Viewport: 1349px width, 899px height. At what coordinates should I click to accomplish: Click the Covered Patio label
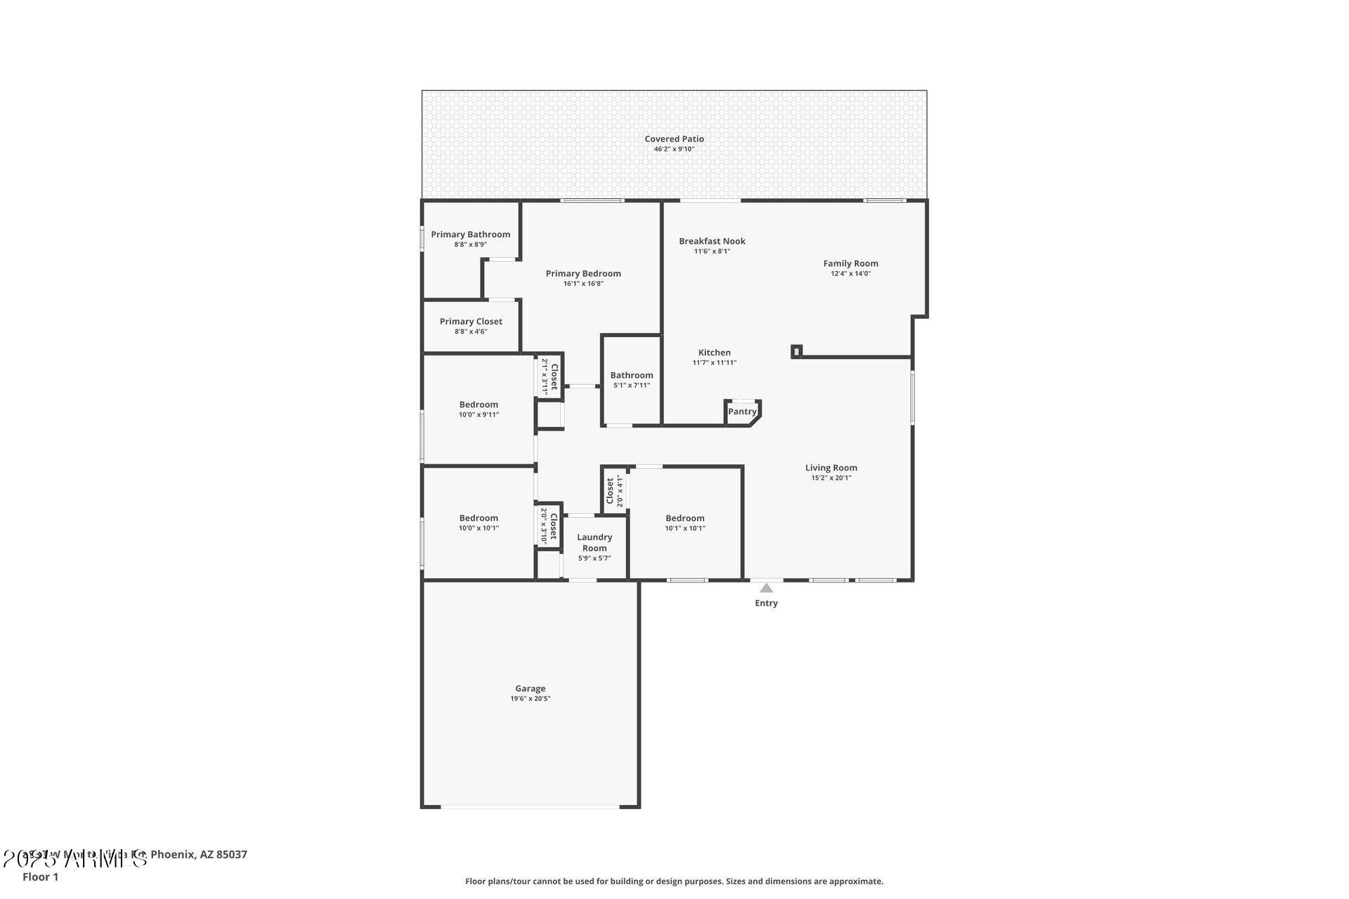click(x=674, y=139)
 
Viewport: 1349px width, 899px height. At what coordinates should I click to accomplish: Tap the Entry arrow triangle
click(x=766, y=589)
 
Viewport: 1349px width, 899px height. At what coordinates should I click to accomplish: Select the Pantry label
click(x=742, y=412)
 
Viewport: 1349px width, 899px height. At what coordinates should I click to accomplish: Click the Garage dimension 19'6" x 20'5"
click(x=530, y=699)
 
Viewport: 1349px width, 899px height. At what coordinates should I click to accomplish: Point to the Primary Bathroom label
click(x=470, y=235)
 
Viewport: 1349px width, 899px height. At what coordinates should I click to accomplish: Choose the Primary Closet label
click(x=471, y=322)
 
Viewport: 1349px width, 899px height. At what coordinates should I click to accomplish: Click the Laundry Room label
click(x=594, y=542)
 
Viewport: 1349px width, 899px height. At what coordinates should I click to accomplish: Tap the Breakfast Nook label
click(x=712, y=241)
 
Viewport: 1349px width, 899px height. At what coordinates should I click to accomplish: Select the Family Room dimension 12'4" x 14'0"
click(x=850, y=274)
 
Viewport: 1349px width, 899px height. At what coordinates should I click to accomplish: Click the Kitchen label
click(x=714, y=353)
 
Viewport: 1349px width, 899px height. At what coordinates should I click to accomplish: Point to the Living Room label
click(x=830, y=468)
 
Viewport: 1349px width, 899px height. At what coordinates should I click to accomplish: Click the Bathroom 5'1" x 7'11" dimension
click(x=631, y=386)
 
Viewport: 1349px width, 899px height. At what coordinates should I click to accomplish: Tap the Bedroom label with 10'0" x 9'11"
click(x=478, y=405)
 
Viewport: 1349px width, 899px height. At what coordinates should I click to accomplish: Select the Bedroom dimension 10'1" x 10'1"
click(x=684, y=528)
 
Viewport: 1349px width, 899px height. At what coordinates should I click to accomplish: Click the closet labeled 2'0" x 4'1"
click(x=614, y=491)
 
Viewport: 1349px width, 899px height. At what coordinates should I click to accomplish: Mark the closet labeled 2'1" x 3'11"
click(x=550, y=376)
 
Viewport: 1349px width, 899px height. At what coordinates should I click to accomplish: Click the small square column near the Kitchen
click(x=796, y=351)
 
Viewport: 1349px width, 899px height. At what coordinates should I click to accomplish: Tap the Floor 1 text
click(x=40, y=877)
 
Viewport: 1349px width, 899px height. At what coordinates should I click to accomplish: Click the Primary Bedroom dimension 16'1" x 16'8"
click(x=582, y=284)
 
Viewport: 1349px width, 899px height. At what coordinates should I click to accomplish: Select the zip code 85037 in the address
click(x=232, y=855)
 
